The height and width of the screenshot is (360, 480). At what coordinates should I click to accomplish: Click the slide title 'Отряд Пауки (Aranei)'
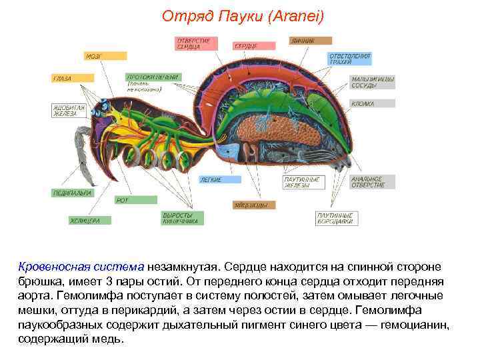(x=243, y=15)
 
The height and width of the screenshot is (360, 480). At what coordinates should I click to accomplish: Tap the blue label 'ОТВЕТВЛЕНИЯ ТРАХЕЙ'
(x=350, y=59)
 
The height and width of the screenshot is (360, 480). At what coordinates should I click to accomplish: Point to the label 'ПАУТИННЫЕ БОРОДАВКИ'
(x=337, y=218)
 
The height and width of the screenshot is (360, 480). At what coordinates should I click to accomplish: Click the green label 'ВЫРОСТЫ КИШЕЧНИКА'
(x=180, y=218)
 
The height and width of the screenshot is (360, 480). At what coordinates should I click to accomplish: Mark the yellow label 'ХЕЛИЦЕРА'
(x=85, y=221)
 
